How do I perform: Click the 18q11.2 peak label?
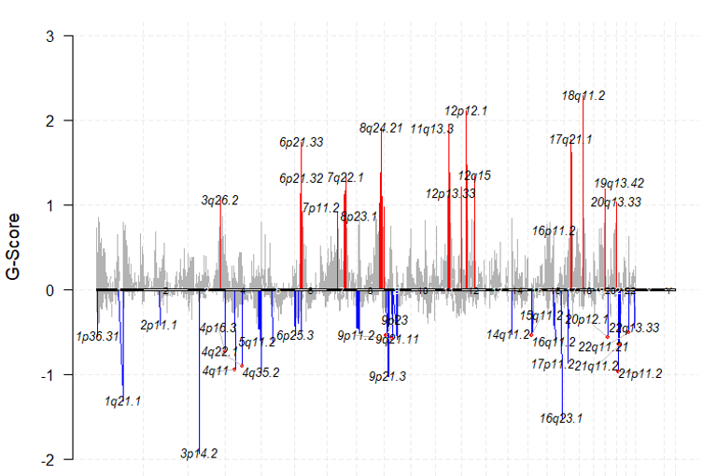584,95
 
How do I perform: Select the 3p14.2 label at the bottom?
199,454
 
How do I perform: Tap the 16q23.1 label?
561,418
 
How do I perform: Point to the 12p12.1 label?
466,110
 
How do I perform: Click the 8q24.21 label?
381,128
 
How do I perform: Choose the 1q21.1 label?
123,401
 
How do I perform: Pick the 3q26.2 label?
220,200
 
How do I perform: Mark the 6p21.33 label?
302,143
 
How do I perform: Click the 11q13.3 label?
432,129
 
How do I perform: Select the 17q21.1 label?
570,140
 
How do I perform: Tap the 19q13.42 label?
619,183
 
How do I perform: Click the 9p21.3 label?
387,376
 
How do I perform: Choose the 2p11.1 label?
159,325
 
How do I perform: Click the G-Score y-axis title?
14,247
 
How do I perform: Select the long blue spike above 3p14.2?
200,373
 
